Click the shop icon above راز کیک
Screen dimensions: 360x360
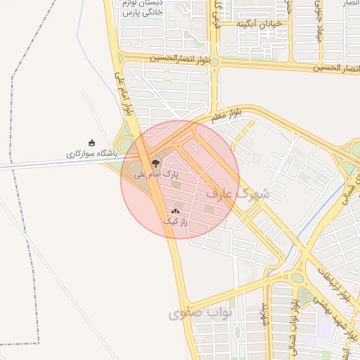(175, 211)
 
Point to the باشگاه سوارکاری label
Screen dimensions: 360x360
(91, 153)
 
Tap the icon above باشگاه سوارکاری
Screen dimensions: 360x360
(91, 143)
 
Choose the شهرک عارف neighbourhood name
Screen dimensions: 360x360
(238, 193)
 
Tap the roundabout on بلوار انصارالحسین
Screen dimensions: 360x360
(214, 62)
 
